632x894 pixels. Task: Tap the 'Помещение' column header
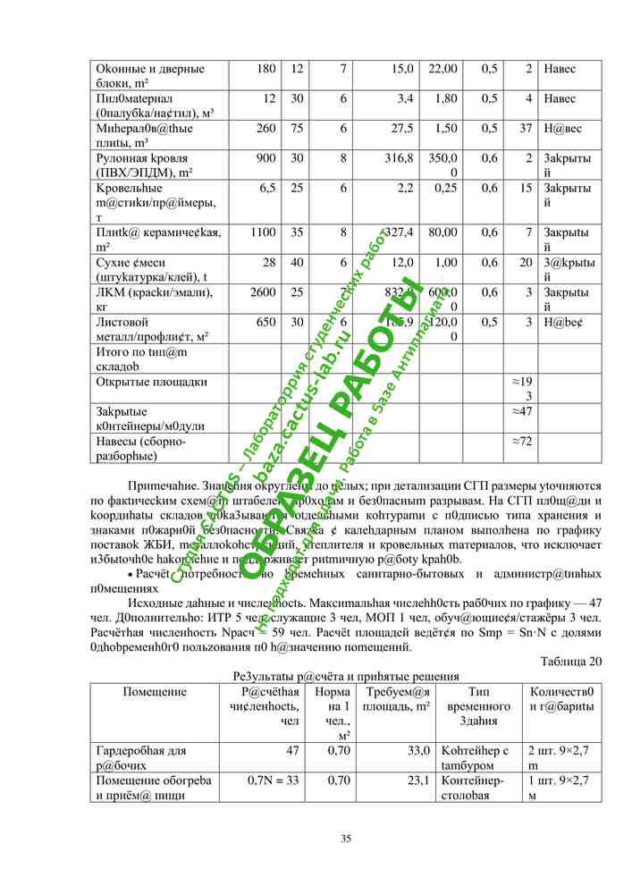(x=155, y=691)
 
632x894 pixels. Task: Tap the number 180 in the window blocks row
(x=265, y=69)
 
